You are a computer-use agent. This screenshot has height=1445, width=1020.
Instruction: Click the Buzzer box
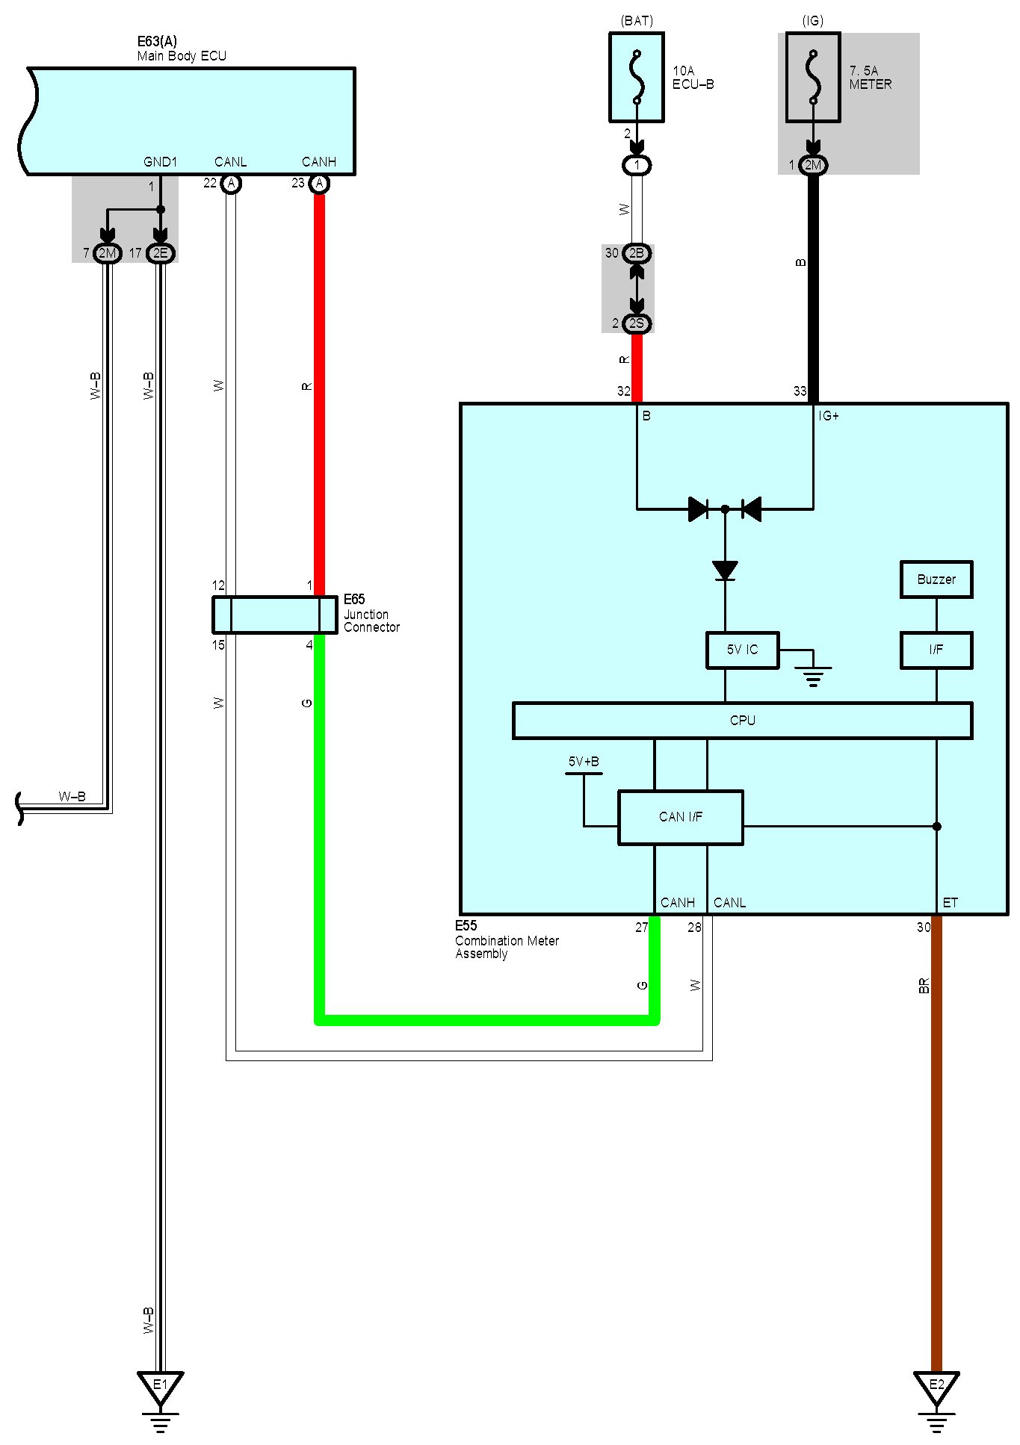coord(936,579)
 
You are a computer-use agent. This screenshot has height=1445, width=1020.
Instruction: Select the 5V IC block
coord(742,650)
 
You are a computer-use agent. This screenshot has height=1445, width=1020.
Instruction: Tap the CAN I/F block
coord(680,817)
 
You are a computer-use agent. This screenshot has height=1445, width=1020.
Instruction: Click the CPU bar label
coord(742,721)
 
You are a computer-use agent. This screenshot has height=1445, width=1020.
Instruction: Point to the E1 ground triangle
coord(160,1387)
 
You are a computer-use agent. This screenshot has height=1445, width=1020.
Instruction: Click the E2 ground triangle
coord(936,1387)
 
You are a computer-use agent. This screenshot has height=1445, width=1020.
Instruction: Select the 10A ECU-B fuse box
coord(637,77)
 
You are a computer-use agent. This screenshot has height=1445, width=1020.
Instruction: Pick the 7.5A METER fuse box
coord(813,77)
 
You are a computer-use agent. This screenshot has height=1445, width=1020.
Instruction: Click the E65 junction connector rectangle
coord(274,615)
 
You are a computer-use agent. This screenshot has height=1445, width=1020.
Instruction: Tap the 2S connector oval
coord(637,323)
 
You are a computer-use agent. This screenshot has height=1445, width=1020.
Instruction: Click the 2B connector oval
coord(637,253)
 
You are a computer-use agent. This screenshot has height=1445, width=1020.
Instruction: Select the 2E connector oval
coord(160,253)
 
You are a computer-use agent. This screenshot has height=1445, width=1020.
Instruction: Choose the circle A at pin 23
coord(319,184)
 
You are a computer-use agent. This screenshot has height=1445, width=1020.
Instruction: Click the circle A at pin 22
coord(232,184)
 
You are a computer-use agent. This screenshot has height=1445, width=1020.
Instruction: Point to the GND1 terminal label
coord(160,162)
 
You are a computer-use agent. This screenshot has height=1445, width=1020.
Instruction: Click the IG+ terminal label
coord(829,416)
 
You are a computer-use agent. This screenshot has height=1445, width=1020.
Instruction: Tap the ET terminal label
coord(950,903)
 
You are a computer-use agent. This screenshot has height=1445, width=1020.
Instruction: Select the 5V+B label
coord(584,762)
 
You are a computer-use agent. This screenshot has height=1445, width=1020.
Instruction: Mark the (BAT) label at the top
coord(637,21)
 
